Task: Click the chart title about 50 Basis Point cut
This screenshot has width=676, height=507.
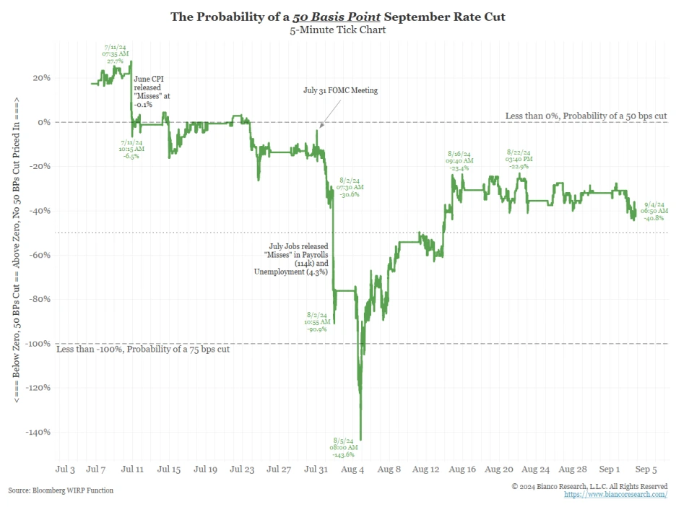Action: (337, 16)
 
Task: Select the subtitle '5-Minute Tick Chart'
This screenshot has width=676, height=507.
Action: (337, 30)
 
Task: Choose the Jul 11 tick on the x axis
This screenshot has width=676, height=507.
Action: (132, 469)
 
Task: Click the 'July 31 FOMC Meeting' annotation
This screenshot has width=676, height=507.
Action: (340, 91)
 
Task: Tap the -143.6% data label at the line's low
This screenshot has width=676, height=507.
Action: (344, 447)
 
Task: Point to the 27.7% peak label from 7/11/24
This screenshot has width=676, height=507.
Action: (116, 55)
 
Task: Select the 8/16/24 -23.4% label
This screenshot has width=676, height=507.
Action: (459, 160)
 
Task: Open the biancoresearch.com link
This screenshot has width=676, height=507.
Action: (615, 495)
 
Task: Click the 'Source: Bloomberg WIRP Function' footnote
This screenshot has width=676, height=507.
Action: (61, 490)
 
